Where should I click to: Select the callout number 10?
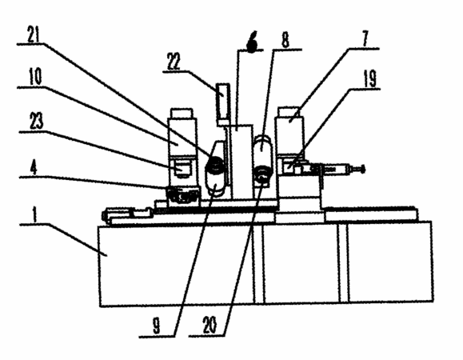[x=35, y=77]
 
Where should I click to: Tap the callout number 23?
[x=36, y=122]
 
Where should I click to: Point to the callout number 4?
[x=34, y=168]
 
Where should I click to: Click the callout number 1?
[x=35, y=214]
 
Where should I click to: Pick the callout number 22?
[x=174, y=62]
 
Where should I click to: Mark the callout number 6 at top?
[x=252, y=42]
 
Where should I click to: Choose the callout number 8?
[x=285, y=39]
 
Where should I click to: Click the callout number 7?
[x=365, y=38]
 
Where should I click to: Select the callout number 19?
[x=369, y=79]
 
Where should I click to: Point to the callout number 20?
[x=210, y=326]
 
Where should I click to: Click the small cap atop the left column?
[x=182, y=114]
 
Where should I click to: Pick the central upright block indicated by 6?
[x=241, y=162]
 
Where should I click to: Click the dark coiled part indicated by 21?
[x=217, y=163]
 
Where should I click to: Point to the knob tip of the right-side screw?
[x=363, y=170]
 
